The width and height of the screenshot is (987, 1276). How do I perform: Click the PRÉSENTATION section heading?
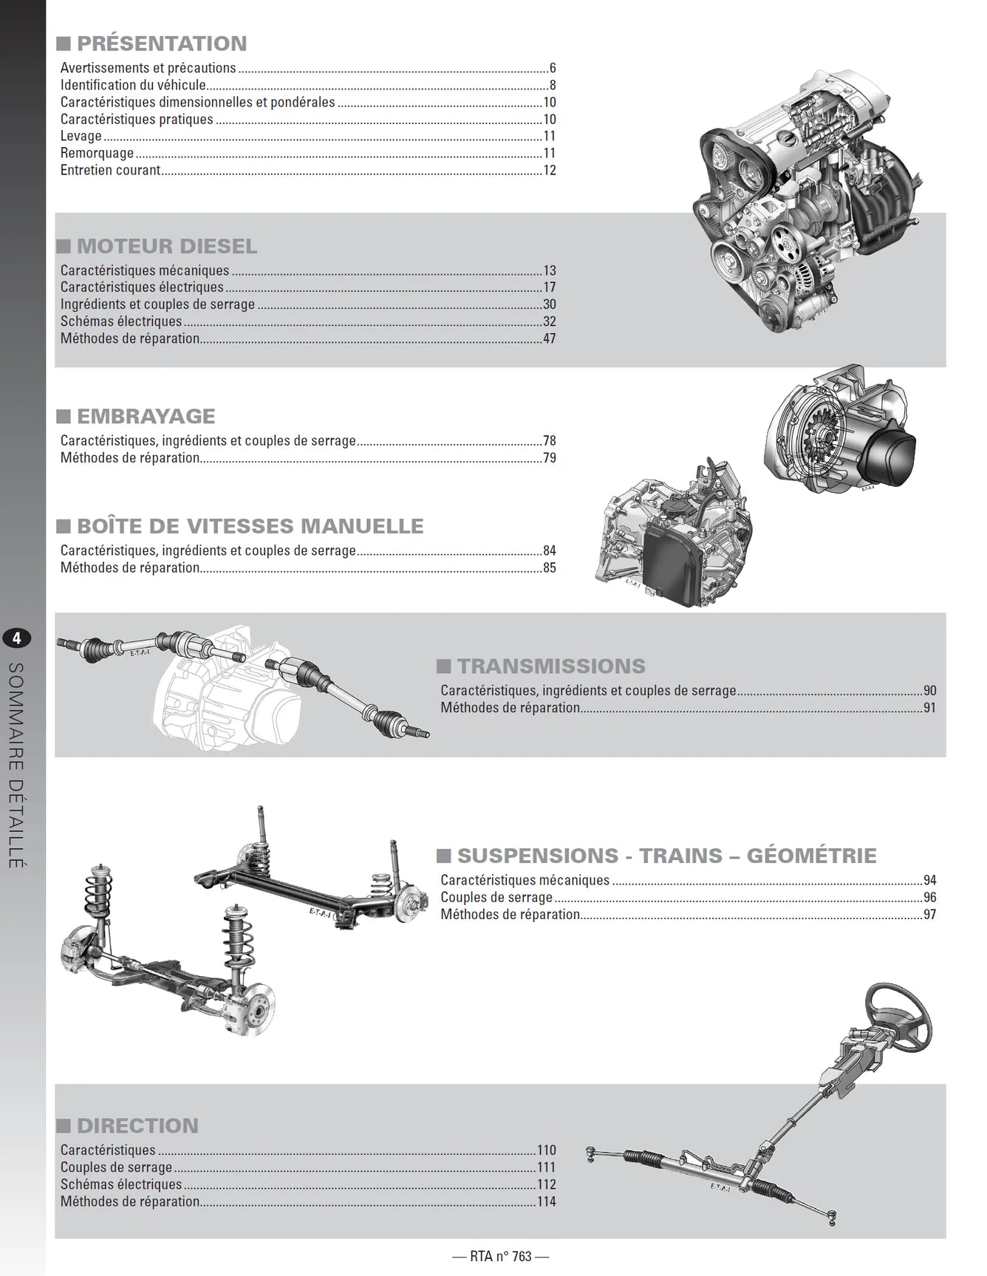pyautogui.click(x=162, y=44)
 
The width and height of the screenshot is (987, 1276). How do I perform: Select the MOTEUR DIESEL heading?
pyautogui.click(x=167, y=246)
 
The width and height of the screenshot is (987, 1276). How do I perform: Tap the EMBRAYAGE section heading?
pyautogui.click(x=146, y=416)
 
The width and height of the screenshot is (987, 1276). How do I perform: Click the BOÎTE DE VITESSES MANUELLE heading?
pyautogui.click(x=250, y=526)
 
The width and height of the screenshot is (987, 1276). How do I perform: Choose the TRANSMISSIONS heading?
pyautogui.click(x=551, y=666)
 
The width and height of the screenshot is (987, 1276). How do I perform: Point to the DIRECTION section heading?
pyautogui.click(x=137, y=1125)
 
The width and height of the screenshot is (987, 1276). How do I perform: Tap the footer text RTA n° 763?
pyautogui.click(x=501, y=1256)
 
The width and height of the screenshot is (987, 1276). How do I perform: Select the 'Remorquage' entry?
pyautogui.click(x=98, y=153)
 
